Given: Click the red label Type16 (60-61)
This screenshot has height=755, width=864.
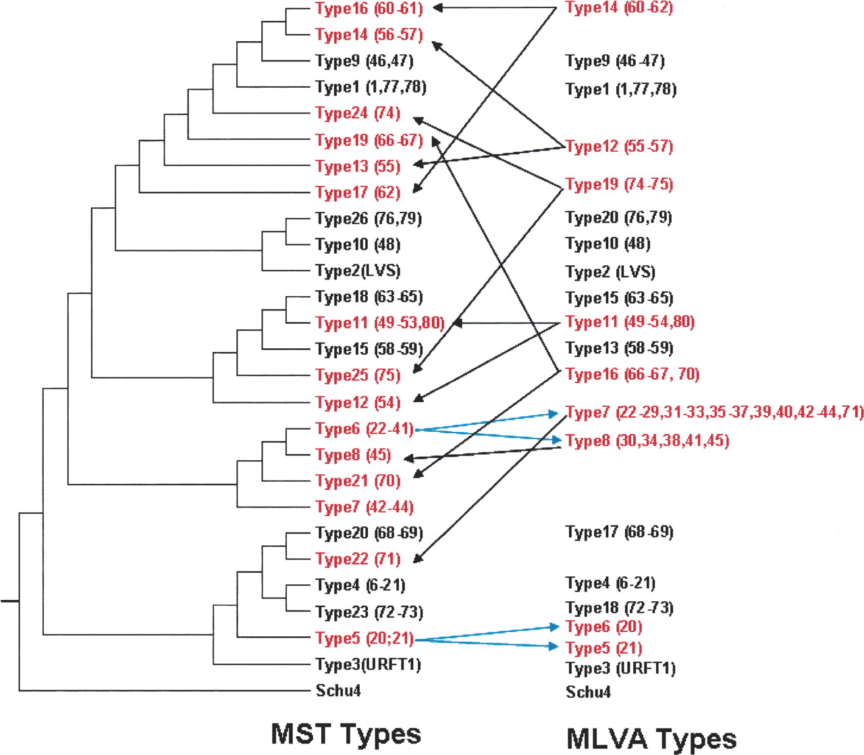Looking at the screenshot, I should tap(369, 8).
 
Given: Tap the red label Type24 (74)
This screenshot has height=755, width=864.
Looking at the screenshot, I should tap(358, 113).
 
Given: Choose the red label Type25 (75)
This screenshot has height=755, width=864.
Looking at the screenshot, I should tap(358, 375).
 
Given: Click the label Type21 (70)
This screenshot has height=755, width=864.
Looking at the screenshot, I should tap(358, 481).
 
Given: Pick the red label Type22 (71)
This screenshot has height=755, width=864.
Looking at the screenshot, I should tap(358, 559).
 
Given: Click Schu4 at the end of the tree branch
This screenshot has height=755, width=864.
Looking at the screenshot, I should tap(338, 690).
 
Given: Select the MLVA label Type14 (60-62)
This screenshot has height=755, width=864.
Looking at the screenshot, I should tap(619, 8).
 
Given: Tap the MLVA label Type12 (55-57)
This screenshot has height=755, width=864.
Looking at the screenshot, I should tap(619, 146).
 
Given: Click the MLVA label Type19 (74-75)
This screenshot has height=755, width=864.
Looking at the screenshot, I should tap(619, 184).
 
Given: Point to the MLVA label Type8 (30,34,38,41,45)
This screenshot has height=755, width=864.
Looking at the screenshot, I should tap(647, 441).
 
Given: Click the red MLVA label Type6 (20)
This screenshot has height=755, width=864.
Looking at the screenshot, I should tap(603, 627).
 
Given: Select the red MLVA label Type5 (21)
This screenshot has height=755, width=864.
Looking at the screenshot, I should tap(603, 648).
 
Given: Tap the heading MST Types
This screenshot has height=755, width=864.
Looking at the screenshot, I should tap(346, 733).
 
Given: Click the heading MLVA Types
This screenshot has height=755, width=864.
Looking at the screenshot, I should tap(651, 738).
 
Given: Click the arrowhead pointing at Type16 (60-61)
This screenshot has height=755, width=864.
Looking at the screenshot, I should tap(437, 8).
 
